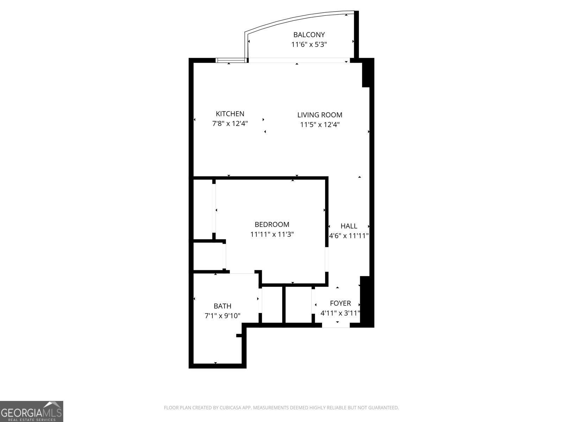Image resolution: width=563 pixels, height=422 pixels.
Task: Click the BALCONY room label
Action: (x=309, y=35)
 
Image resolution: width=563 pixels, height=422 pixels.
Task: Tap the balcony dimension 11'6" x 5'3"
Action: (x=309, y=45)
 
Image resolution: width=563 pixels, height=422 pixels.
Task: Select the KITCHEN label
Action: (x=230, y=114)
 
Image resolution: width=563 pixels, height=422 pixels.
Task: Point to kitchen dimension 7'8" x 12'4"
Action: (x=230, y=124)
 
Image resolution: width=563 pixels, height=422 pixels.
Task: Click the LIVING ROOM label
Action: (x=320, y=115)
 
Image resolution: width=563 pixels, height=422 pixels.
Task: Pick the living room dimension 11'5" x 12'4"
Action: (x=320, y=125)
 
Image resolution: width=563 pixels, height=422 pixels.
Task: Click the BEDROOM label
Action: (x=272, y=224)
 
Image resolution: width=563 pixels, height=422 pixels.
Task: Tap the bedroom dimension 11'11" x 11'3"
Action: (x=272, y=234)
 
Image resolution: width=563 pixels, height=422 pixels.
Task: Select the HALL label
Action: (x=349, y=226)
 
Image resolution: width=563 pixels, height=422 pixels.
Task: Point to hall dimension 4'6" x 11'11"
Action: (x=349, y=236)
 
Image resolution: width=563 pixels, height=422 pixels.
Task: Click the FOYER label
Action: (x=340, y=303)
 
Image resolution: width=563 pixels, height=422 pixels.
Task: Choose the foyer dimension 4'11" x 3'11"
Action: (x=340, y=313)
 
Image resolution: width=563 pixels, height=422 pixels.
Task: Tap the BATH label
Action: (x=222, y=306)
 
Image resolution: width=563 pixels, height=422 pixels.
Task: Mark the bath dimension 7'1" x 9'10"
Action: (x=222, y=316)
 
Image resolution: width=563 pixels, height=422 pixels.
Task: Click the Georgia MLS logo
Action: (x=32, y=411)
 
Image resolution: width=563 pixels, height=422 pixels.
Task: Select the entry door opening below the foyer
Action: (x=336, y=326)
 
